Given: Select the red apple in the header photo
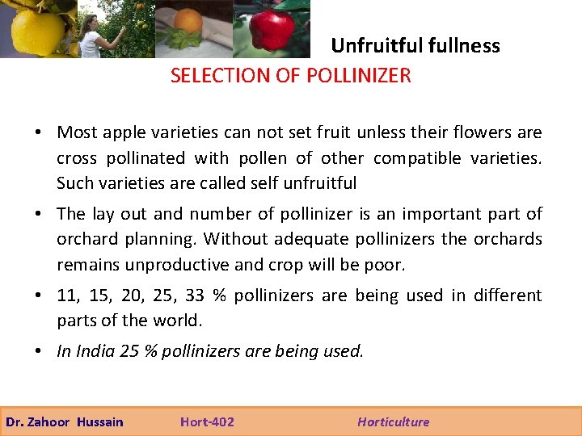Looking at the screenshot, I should point(272,28).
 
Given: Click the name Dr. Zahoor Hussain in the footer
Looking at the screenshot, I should point(65,421).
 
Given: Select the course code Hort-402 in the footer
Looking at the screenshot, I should point(207,421).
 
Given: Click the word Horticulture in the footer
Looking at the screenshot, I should point(394,421).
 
